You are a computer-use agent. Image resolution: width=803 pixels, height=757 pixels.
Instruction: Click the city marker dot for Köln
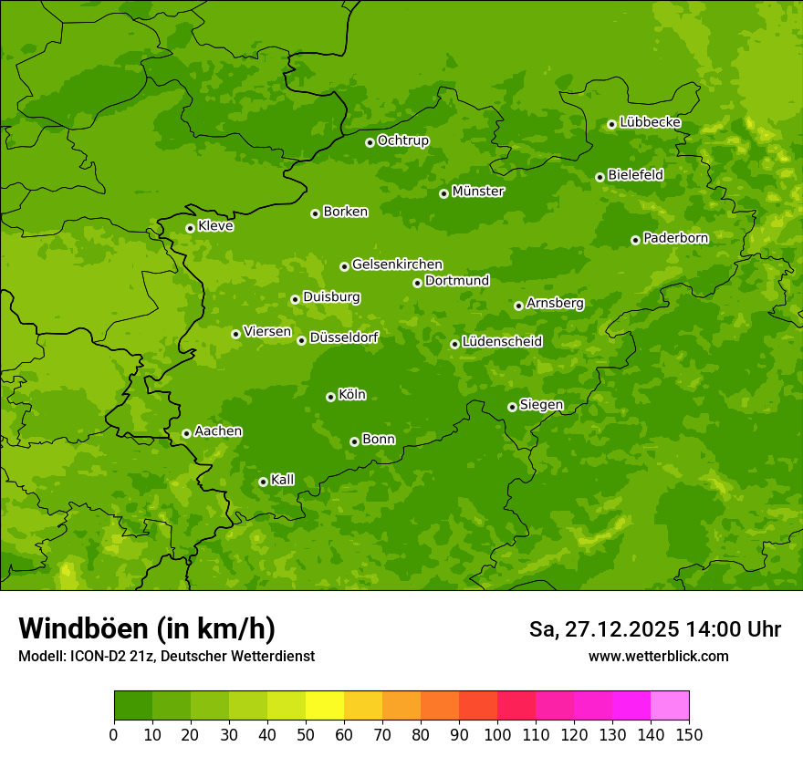coord(330,397)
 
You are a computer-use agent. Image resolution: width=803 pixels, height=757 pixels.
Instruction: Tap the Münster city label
coord(477,192)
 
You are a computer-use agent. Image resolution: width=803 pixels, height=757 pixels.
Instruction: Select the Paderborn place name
coord(675,238)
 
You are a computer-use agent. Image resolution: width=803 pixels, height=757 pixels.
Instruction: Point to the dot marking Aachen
coord(186,433)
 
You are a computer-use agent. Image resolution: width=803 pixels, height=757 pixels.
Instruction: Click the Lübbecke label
coord(650,122)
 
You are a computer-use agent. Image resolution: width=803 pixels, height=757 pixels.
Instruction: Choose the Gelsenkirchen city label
coord(397,264)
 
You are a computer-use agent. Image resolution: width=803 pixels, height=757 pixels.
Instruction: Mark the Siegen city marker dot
coord(512,407)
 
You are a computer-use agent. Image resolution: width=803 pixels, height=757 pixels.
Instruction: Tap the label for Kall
coord(282,480)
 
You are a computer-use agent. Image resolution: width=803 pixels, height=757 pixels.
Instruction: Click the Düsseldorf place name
coord(343,337)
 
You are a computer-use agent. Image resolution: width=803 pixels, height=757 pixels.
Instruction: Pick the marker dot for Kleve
coord(190,228)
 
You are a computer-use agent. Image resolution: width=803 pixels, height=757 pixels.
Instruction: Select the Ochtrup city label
coord(402,140)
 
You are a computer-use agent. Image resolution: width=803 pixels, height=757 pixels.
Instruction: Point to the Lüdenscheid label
coord(502,342)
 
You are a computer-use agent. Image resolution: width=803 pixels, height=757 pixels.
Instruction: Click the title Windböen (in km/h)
coord(146,628)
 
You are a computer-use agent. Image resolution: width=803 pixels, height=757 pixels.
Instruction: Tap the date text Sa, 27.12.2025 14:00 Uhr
coord(654,629)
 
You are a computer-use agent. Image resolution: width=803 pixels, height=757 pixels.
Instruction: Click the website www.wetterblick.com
coord(658,656)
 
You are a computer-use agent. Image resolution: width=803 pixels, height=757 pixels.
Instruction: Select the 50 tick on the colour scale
coord(306,734)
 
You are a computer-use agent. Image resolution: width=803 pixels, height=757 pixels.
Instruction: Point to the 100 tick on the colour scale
coord(497,734)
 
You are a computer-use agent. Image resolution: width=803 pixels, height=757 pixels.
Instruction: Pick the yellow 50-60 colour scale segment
coord(325,706)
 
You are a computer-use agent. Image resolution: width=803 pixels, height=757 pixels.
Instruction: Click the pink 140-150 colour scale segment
coord(670,706)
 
